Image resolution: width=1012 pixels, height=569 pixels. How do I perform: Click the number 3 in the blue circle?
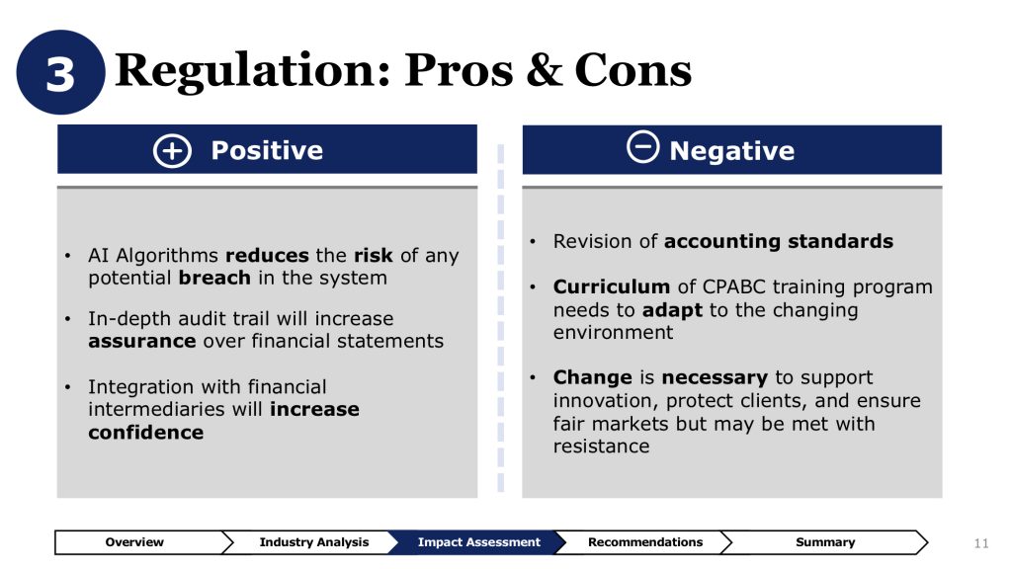60,73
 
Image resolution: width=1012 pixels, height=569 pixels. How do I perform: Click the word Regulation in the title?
253,71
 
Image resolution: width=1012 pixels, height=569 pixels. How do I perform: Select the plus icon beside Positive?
172,151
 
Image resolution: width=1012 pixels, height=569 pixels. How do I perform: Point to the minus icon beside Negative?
642,146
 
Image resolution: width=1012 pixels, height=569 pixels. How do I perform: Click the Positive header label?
267,150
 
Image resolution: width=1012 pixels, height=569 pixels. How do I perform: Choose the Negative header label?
732,151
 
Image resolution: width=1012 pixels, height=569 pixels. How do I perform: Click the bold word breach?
214,278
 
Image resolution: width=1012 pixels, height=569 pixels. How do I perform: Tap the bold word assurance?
142,341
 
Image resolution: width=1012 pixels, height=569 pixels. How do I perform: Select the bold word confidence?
146,432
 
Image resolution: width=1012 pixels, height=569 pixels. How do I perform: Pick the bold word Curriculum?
611,286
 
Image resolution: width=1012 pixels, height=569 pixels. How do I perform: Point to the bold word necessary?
715,377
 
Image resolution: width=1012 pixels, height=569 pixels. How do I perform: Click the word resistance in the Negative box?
601,446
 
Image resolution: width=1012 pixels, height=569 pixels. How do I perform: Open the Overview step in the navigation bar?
134,542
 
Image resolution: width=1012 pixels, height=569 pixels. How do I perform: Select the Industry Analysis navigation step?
313,542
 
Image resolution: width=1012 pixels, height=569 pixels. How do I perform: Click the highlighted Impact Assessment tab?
478,542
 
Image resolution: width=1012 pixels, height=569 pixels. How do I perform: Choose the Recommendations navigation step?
644,542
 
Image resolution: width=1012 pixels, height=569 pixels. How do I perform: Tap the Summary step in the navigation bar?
825,542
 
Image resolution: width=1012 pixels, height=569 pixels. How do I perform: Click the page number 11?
981,543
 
